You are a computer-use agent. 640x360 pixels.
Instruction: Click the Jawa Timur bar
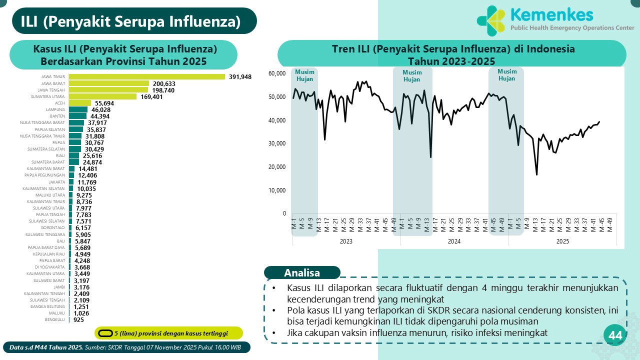(146, 76)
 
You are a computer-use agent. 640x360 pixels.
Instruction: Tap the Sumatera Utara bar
(102, 96)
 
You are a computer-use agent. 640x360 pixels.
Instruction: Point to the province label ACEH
(60, 103)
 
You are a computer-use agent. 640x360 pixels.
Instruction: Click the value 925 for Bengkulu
(78, 319)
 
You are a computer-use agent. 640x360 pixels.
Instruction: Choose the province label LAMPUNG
(55, 109)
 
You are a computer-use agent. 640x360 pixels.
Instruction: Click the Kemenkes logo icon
(491, 21)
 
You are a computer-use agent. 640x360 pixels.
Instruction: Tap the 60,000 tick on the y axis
(276, 73)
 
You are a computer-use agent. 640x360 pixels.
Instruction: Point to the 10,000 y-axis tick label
(276, 190)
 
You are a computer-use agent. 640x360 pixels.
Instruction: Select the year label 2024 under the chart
(454, 241)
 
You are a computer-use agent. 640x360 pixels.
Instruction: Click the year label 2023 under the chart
(346, 241)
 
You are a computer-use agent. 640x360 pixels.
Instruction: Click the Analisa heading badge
(302, 273)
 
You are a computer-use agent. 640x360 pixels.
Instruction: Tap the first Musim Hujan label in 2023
(304, 75)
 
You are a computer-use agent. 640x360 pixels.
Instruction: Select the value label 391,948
(240, 76)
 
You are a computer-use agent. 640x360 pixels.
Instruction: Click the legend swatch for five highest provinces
(105, 333)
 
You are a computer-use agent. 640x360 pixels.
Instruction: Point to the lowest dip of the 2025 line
(536, 174)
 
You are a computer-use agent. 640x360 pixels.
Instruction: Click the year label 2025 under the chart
(562, 241)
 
